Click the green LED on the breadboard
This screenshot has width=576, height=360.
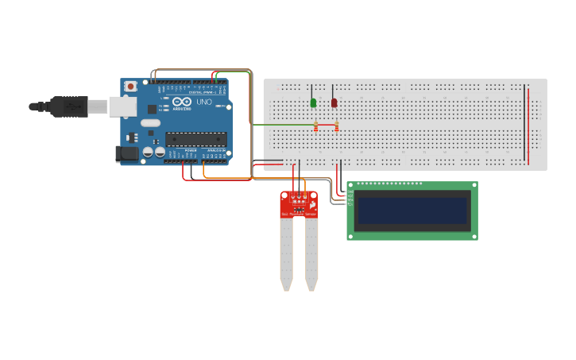(x=313, y=103)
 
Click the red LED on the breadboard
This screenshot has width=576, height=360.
(x=334, y=103)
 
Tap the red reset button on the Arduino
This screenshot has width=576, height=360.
(x=130, y=86)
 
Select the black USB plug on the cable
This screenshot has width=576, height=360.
(x=68, y=106)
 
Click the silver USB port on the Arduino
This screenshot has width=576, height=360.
(x=122, y=106)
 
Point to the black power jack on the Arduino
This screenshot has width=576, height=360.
(x=126, y=154)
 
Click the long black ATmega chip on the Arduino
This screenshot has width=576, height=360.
(x=195, y=139)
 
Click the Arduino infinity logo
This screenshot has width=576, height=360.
(x=181, y=102)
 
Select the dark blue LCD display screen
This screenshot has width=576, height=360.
(x=412, y=211)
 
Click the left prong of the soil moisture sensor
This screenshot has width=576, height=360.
(x=286, y=254)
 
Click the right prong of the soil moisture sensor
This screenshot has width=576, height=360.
(x=311, y=254)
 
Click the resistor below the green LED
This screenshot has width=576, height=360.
(x=316, y=126)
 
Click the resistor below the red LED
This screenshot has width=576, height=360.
(x=337, y=126)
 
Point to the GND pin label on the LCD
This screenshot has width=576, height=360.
(x=350, y=191)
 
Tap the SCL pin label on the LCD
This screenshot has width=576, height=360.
(x=350, y=203)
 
